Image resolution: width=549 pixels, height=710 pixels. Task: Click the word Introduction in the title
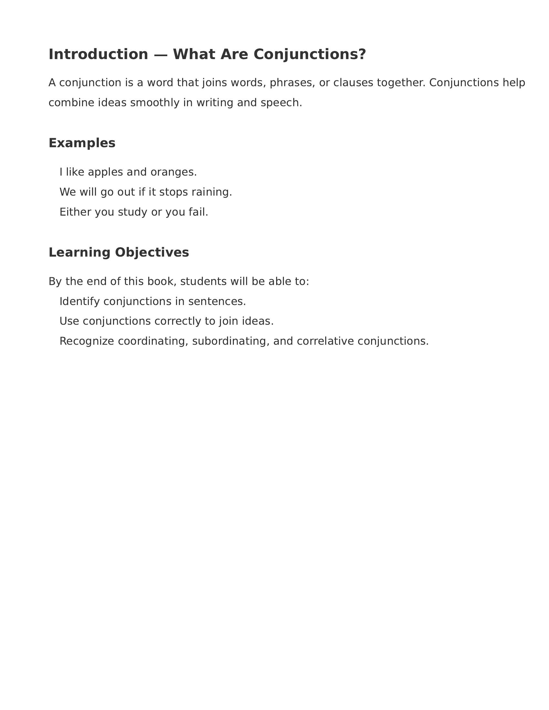click(x=98, y=54)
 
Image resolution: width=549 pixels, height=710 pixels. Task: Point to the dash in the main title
click(x=161, y=55)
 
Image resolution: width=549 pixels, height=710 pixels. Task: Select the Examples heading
click(x=82, y=143)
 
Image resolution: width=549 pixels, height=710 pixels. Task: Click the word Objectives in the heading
click(x=152, y=253)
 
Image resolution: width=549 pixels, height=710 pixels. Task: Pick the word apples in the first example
click(x=105, y=172)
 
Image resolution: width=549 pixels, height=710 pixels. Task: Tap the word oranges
click(x=173, y=172)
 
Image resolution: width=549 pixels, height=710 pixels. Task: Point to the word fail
click(x=198, y=212)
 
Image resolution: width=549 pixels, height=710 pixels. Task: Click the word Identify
click(x=79, y=301)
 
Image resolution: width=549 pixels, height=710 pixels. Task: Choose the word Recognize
click(x=87, y=341)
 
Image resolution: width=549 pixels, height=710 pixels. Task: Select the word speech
click(x=281, y=103)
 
